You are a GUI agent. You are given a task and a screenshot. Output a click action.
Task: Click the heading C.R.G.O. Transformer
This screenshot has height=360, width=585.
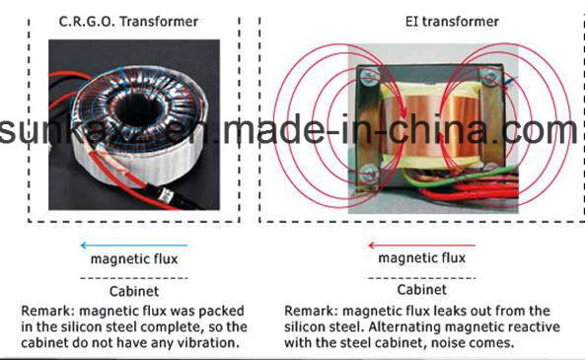(128, 22)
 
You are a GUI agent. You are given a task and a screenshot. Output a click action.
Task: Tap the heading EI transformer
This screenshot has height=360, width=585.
(452, 22)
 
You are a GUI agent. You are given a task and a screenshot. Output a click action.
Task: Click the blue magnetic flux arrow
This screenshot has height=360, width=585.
(134, 246)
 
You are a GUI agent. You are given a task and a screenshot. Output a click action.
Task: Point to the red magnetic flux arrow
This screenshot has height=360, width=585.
(421, 246)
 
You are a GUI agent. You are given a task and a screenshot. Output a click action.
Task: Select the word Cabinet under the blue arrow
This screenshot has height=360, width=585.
(134, 291)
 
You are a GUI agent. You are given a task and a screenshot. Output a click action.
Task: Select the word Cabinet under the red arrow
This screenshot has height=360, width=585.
(421, 290)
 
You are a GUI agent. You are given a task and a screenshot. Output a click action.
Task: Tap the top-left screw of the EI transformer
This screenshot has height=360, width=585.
(369, 77)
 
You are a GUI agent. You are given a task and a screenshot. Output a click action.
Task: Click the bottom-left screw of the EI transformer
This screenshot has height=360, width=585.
(369, 173)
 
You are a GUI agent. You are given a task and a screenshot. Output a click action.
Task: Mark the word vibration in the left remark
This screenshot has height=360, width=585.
(209, 342)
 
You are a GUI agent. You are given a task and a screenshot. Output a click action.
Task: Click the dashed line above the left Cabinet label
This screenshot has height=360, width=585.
(134, 278)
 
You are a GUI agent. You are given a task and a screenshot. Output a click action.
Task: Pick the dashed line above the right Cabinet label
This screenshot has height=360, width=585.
(421, 278)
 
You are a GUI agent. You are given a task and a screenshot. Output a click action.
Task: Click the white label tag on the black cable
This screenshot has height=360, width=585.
(164, 194)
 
